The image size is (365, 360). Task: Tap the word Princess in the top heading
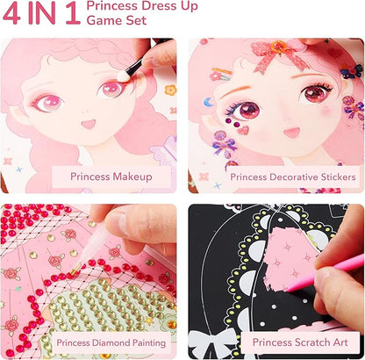pyautogui.click(x=138, y=8)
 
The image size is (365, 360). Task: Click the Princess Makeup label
pyautogui.click(x=114, y=176)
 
